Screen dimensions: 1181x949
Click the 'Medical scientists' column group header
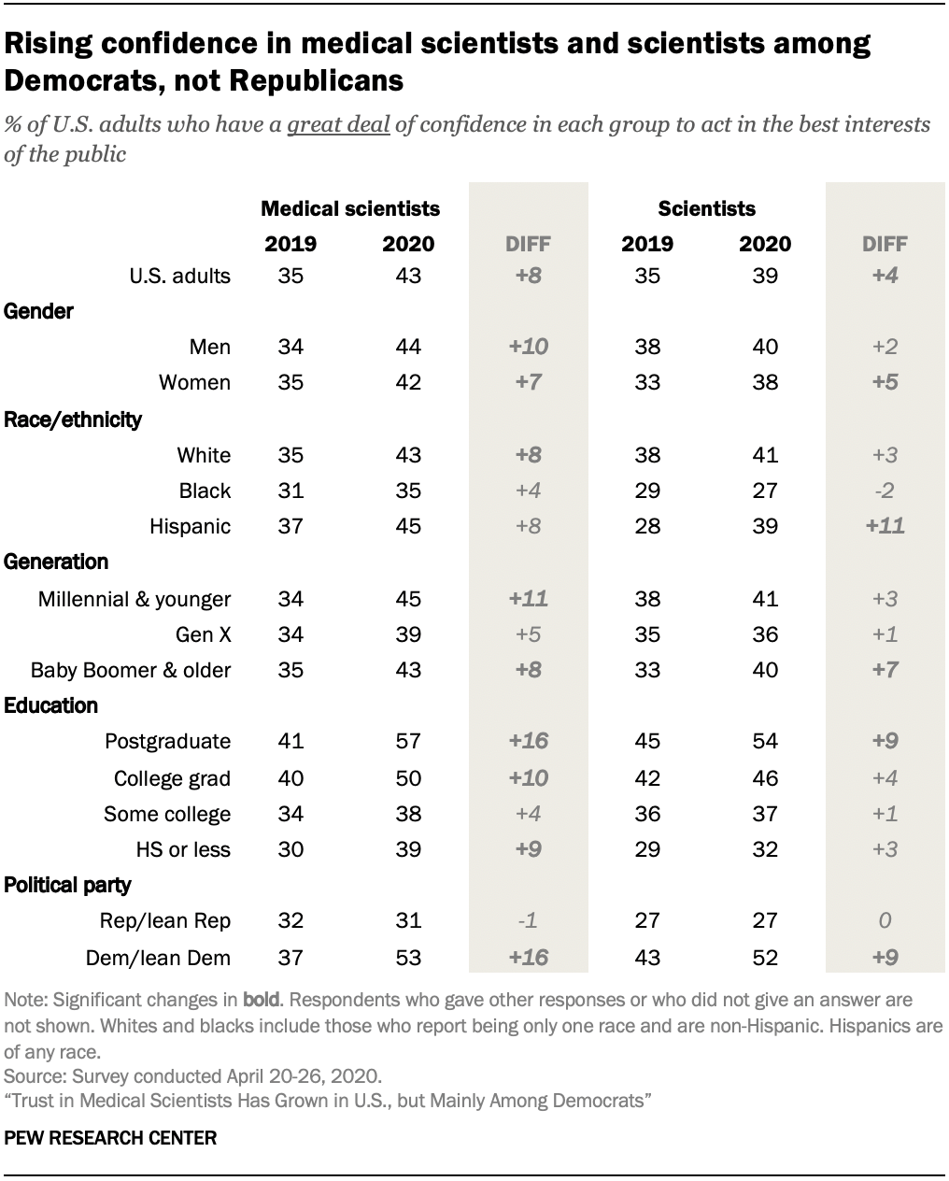pos(349,208)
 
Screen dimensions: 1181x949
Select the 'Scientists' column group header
pos(706,208)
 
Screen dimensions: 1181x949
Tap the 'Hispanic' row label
pos(190,527)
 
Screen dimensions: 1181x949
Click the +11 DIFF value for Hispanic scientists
pos(885,527)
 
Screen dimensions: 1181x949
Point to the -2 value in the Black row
pos(885,491)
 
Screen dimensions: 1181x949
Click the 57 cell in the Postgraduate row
pos(407,742)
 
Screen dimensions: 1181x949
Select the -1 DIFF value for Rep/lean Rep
pos(528,921)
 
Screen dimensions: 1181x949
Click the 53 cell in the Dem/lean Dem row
pos(407,957)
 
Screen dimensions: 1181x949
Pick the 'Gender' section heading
pos(39,312)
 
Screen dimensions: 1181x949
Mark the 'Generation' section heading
pos(56,562)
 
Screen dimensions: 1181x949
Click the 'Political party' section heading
pos(68,886)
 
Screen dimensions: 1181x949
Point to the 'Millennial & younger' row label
pos(134,599)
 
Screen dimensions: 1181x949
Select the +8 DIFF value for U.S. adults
pos(528,276)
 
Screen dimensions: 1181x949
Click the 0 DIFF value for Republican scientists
pos(885,921)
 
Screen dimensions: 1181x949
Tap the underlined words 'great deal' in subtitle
pos(338,125)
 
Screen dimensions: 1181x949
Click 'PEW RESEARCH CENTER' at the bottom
pos(110,1138)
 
